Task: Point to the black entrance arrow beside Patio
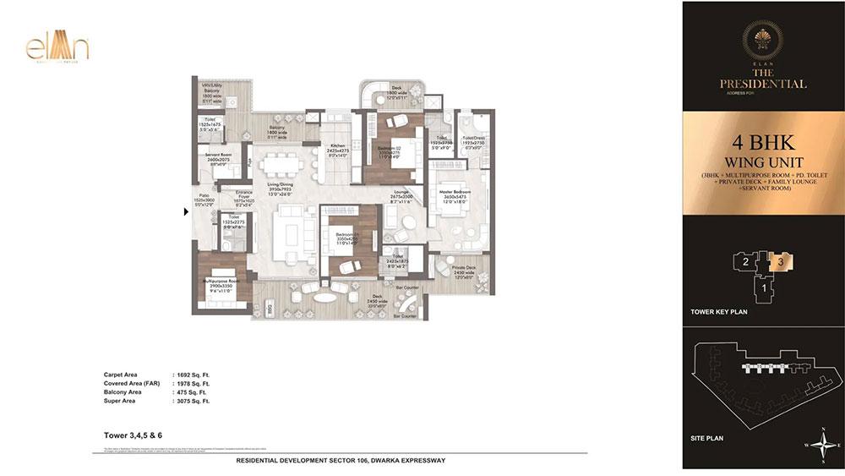point(187,212)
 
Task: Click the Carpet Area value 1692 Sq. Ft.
point(189,374)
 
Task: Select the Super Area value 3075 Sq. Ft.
point(189,402)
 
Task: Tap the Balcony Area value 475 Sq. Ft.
point(188,392)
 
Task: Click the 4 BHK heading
point(762,140)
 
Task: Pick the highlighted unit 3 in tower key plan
point(782,261)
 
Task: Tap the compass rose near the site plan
point(821,449)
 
